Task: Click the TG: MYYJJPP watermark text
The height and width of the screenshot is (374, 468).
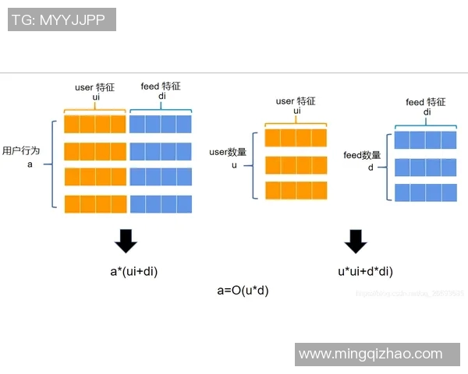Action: point(62,19)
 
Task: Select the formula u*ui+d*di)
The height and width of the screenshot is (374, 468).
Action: point(365,271)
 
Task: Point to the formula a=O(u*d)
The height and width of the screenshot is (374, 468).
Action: point(243,290)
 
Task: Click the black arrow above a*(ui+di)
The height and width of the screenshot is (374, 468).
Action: point(126,242)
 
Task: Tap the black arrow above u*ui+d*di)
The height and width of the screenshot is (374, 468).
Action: point(356,242)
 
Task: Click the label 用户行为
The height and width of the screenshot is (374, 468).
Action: point(21,151)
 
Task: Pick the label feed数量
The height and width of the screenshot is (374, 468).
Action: point(363,155)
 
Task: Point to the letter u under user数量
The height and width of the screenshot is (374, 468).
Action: point(233,165)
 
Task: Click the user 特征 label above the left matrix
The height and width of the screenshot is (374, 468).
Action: point(95,87)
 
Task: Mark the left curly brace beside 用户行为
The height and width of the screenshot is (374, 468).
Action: point(53,164)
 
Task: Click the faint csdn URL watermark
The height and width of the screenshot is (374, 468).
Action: point(409,294)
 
